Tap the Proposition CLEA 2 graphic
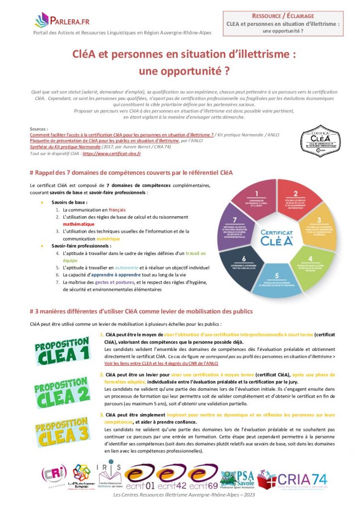tap(63, 392)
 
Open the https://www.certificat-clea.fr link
tap(112, 154)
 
